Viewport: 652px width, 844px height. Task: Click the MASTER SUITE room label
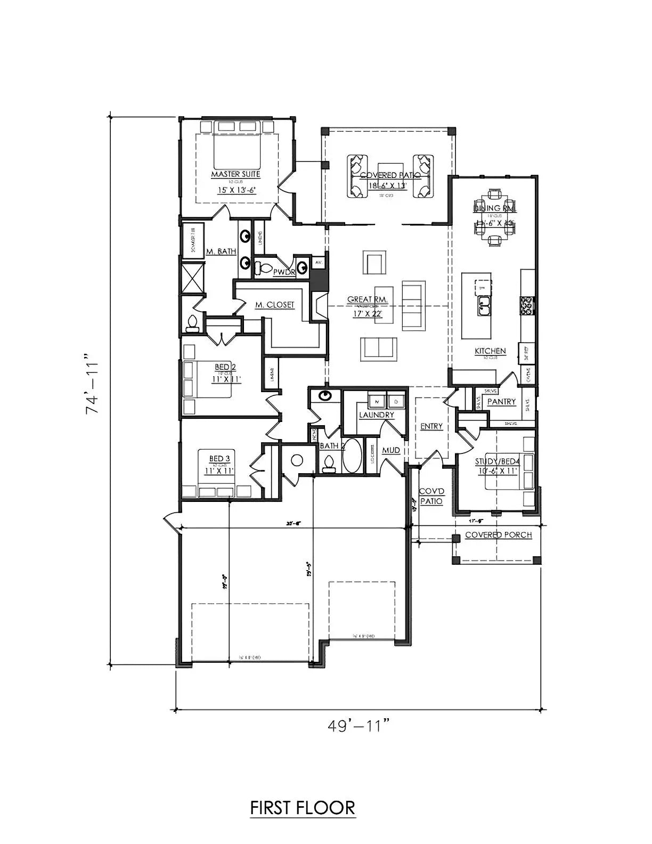(236, 174)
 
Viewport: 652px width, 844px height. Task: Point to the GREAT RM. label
(368, 300)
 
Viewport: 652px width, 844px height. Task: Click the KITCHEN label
(490, 351)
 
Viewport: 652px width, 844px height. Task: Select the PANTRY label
(502, 402)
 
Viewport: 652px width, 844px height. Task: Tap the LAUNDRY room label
(377, 415)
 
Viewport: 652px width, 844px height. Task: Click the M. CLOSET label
(274, 305)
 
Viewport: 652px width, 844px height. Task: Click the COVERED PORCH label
(498, 534)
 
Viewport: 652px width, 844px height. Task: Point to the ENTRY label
(431, 426)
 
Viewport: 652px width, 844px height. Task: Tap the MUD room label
(391, 451)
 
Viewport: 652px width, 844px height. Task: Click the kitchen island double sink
(484, 305)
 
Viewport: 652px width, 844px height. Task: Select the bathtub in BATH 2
(351, 456)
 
